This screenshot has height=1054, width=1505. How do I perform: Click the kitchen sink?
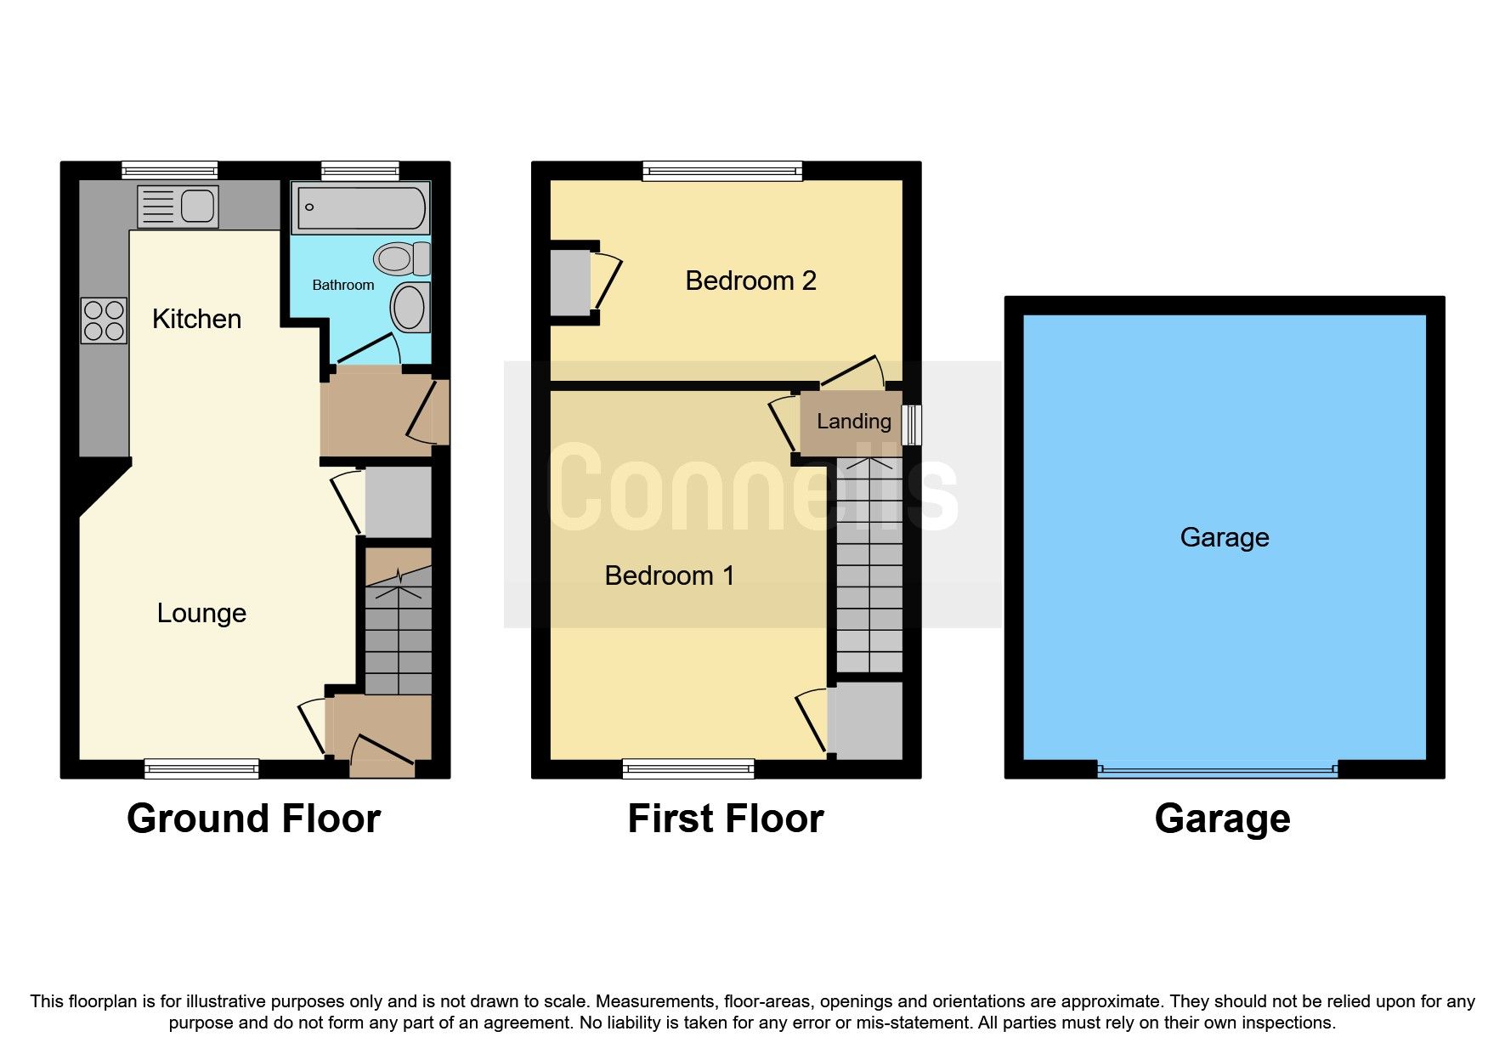click(178, 207)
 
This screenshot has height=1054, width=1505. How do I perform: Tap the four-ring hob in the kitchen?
click(104, 320)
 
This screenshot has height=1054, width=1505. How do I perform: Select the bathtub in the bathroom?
click(361, 207)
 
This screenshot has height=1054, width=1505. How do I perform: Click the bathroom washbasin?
click(410, 306)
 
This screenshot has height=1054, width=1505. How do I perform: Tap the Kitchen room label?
click(196, 319)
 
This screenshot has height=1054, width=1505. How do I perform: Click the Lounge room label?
click(201, 613)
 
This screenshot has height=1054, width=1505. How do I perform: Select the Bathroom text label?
click(342, 285)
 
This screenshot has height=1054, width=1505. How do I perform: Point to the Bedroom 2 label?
click(750, 280)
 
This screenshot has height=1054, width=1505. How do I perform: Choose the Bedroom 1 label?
click(669, 575)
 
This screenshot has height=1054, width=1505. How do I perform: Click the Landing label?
click(853, 421)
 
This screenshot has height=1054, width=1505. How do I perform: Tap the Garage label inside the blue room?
click(1224, 537)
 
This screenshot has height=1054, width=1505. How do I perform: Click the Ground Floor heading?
click(253, 819)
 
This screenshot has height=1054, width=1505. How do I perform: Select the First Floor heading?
click(726, 819)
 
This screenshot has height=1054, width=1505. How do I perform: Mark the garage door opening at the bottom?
click(1217, 770)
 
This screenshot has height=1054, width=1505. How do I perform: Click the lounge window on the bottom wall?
click(201, 768)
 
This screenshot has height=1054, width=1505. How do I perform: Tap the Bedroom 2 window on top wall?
click(721, 171)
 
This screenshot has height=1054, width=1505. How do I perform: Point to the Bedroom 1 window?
click(688, 768)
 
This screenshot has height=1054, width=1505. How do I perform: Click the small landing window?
click(911, 424)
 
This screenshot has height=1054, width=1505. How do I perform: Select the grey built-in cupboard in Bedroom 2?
click(569, 281)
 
